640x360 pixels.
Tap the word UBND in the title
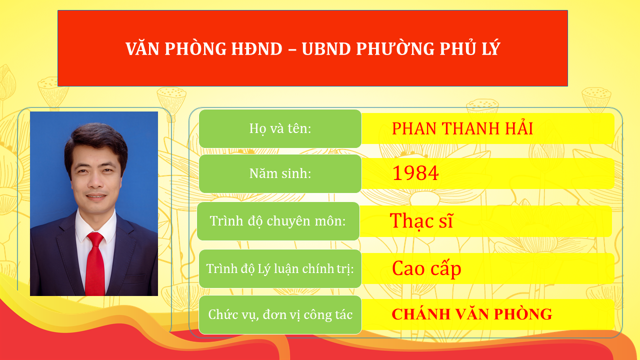(326, 48)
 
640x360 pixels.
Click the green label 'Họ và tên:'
(280, 128)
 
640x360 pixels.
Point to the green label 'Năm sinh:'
(280, 173)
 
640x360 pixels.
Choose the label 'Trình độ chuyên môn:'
(278, 221)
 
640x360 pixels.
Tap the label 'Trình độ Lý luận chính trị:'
(280, 269)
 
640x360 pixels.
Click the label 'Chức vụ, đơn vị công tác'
(280, 315)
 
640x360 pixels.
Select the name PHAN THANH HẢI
(462, 129)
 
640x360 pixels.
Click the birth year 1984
(415, 173)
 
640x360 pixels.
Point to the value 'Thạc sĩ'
(421, 221)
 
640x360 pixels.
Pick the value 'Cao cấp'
(426, 268)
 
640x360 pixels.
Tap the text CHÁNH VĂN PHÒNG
(471, 314)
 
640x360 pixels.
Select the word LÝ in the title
(490, 48)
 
